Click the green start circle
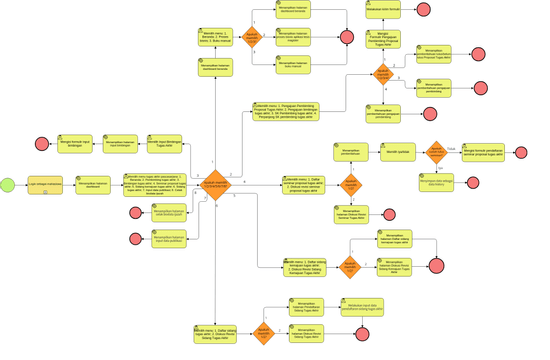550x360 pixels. click(x=8, y=185)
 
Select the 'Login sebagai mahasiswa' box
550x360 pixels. click(x=43, y=185)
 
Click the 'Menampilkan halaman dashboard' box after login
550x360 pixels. click(x=93, y=185)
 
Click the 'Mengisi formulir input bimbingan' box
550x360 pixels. click(x=75, y=143)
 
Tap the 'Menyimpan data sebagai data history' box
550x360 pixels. click(x=437, y=183)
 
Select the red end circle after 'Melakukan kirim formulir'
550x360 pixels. click(x=427, y=12)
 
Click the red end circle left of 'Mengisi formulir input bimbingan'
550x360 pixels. click(x=42, y=143)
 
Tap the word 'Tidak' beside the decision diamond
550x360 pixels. click(x=451, y=147)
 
